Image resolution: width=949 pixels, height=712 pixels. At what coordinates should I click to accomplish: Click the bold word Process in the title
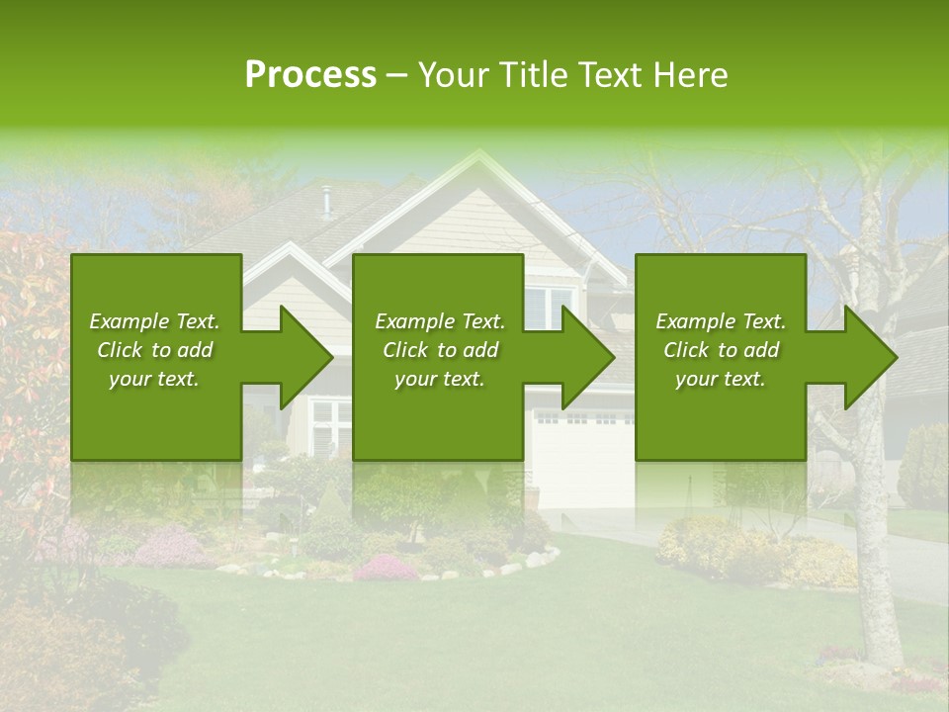(310, 75)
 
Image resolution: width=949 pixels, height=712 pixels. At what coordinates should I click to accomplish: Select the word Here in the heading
(692, 75)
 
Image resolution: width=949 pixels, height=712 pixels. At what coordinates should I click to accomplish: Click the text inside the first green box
(154, 350)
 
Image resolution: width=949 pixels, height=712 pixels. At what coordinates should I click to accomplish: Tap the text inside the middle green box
(439, 350)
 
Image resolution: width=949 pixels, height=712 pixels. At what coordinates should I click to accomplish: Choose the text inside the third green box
(721, 350)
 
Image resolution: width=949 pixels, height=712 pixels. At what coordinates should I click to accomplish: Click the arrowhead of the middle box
(590, 357)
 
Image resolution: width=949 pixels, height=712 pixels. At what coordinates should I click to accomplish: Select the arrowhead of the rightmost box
(873, 357)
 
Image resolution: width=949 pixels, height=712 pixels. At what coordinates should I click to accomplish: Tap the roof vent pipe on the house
(325, 201)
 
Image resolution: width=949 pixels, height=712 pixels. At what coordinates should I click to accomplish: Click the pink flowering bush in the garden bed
(386, 568)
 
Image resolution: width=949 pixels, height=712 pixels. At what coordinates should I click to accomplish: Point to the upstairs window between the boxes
(549, 308)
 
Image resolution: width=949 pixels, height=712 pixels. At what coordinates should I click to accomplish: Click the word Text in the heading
(613, 75)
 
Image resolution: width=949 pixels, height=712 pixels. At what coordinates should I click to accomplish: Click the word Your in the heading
(451, 75)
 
